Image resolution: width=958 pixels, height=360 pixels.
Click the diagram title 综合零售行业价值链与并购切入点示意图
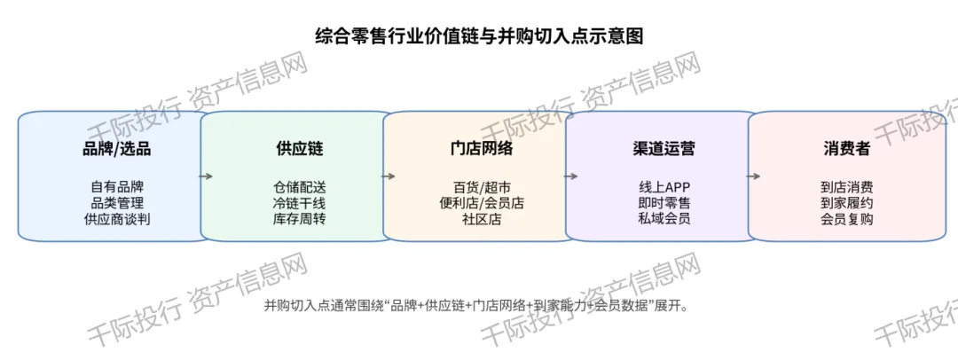click(479, 35)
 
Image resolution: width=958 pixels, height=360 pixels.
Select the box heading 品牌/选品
click(116, 149)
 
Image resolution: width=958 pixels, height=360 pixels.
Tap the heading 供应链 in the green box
click(300, 149)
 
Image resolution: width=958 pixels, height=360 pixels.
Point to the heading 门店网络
click(482, 149)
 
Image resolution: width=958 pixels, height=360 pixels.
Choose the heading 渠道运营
click(664, 149)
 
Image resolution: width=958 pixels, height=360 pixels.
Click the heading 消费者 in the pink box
click(846, 149)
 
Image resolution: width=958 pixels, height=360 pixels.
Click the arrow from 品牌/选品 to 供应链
click(206, 176)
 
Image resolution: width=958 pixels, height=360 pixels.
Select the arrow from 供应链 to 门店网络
click(388, 176)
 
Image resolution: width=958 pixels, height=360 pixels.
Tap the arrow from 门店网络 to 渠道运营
click(570, 176)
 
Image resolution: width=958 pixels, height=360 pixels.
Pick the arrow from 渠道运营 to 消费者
click(753, 176)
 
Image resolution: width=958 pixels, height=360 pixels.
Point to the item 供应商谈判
click(117, 219)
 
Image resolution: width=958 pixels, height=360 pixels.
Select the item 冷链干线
click(300, 203)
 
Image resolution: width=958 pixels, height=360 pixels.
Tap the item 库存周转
click(300, 219)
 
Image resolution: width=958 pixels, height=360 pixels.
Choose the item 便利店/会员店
click(482, 203)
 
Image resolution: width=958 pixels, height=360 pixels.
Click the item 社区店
click(482, 219)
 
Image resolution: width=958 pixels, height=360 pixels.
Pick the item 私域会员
click(664, 219)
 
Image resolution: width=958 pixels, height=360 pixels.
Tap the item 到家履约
click(846, 203)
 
